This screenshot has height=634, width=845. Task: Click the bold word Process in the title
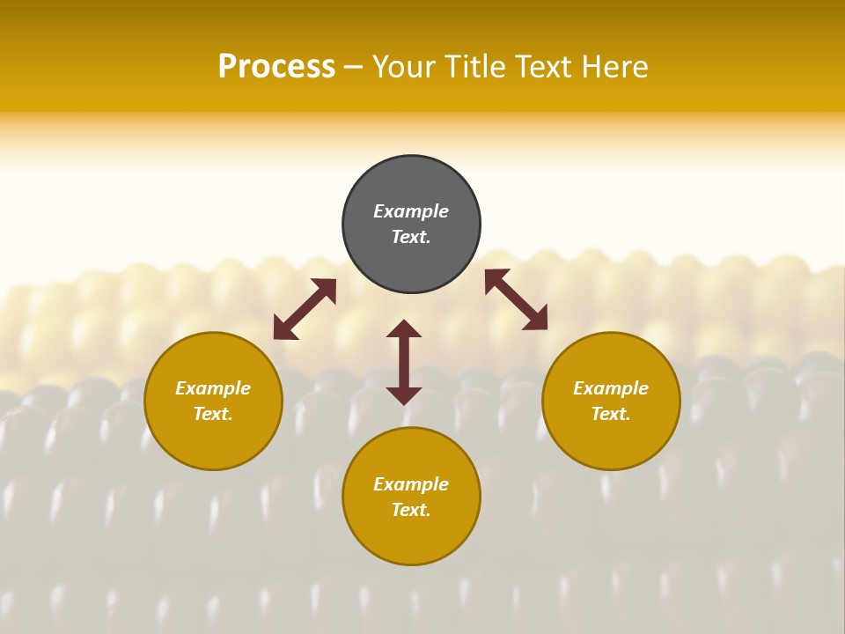pyautogui.click(x=276, y=67)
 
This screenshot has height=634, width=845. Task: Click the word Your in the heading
pyautogui.click(x=404, y=67)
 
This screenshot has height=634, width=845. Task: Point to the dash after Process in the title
pyautogui.click(x=354, y=68)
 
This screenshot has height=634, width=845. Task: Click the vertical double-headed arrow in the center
pyautogui.click(x=404, y=362)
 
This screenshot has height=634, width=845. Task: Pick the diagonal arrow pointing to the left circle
pyautogui.click(x=305, y=309)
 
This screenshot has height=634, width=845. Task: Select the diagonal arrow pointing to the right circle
pyautogui.click(x=516, y=299)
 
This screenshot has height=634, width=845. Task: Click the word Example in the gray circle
pyautogui.click(x=411, y=211)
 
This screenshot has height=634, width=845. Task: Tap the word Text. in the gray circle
pyautogui.click(x=411, y=237)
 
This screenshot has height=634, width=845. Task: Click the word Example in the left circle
pyautogui.click(x=213, y=388)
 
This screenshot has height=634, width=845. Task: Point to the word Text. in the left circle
pyautogui.click(x=213, y=414)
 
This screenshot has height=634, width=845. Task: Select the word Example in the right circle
pyautogui.click(x=611, y=388)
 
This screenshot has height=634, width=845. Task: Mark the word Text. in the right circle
pyautogui.click(x=611, y=414)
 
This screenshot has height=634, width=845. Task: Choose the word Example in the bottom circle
pyautogui.click(x=411, y=484)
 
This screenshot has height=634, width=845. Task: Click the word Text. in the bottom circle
pyautogui.click(x=411, y=510)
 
